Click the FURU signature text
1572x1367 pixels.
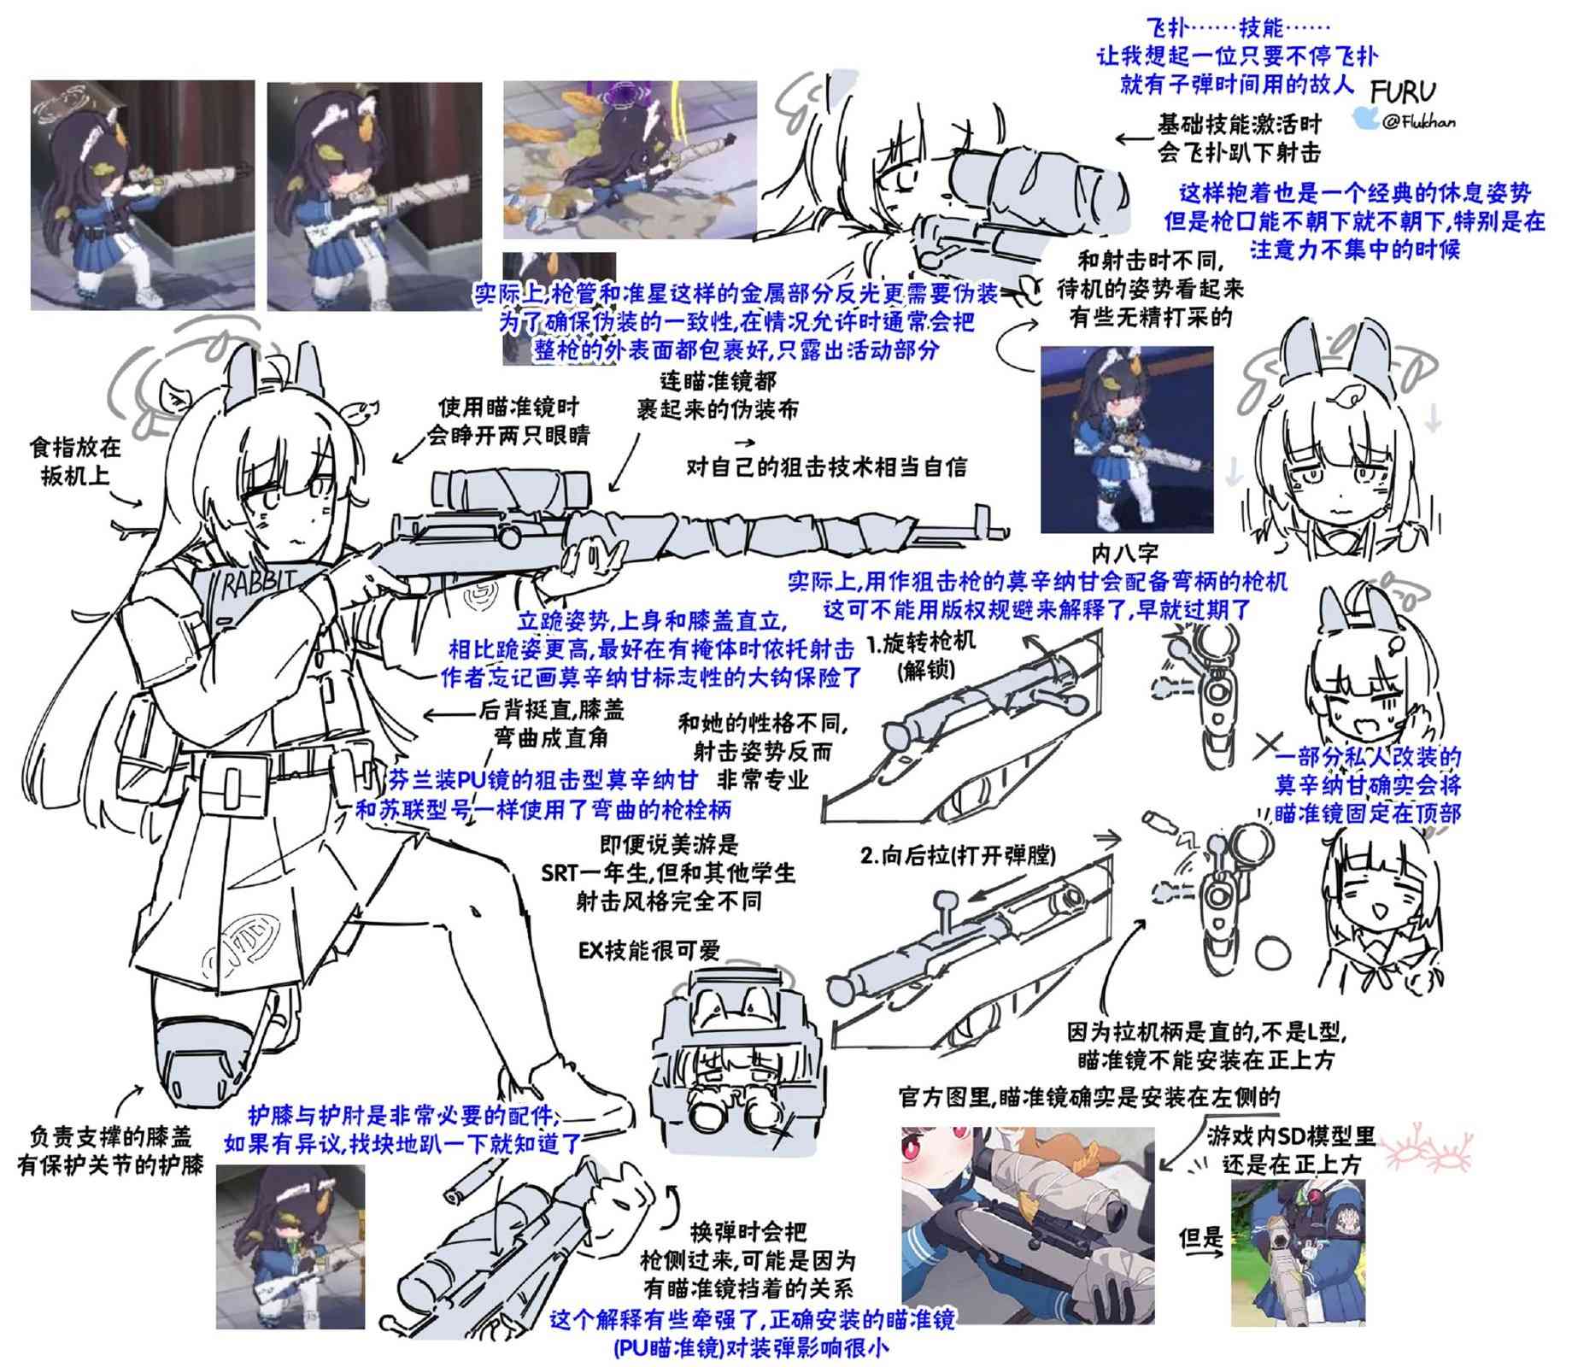click(x=1402, y=90)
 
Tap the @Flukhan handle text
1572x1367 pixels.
click(x=1418, y=122)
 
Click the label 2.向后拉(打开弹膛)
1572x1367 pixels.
click(x=958, y=855)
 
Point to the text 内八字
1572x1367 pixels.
click(x=1124, y=553)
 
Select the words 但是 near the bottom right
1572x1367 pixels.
click(x=1200, y=1239)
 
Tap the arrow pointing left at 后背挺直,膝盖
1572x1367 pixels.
click(x=449, y=714)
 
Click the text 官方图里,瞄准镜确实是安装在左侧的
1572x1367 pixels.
click(x=1090, y=1097)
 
